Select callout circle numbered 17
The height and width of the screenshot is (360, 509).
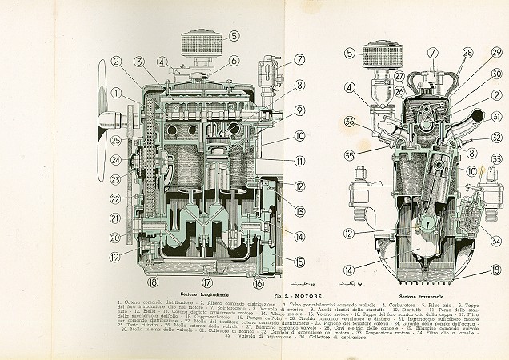(x=206, y=282)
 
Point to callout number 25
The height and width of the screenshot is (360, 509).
(x=115, y=141)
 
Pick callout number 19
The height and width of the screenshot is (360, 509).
(x=114, y=257)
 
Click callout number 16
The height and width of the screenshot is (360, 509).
(x=259, y=282)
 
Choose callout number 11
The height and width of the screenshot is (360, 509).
(x=277, y=160)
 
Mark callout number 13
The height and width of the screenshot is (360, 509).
(x=277, y=211)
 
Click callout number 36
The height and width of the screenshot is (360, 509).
(x=350, y=122)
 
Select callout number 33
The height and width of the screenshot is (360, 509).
(x=496, y=159)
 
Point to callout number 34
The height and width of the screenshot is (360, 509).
(x=496, y=241)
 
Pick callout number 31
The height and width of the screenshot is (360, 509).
(x=496, y=117)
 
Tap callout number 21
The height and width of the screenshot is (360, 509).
(x=115, y=217)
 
